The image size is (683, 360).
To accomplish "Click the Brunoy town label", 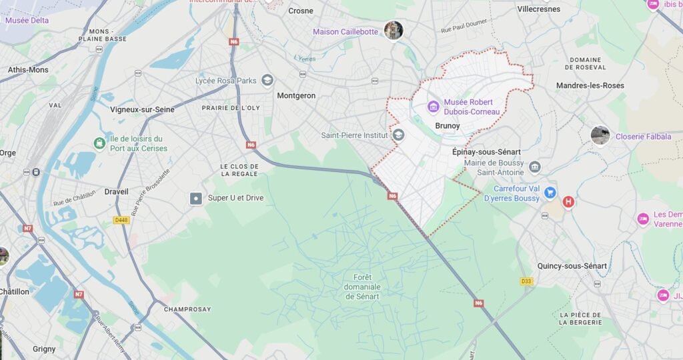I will tap(448, 125).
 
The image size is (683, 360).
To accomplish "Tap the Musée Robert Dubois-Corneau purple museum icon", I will tap(433, 106).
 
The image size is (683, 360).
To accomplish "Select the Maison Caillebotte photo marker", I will tap(394, 30).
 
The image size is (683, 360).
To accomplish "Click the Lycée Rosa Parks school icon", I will tap(267, 81).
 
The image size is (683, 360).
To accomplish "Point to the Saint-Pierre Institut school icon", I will tap(399, 135).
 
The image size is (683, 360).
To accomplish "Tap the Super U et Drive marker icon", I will tap(195, 198).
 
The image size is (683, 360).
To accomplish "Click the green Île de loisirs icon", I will tap(99, 143).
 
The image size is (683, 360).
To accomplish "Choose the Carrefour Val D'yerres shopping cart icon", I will tap(550, 193).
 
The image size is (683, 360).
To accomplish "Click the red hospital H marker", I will tap(568, 201).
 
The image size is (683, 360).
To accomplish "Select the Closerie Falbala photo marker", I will tap(600, 135).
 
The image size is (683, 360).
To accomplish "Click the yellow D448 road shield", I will tap(120, 219).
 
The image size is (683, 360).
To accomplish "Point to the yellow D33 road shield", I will tap(527, 281).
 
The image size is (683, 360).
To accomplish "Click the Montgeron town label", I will tap(296, 95).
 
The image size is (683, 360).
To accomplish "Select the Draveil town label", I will tap(117, 192).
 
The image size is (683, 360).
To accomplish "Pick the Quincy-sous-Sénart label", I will tap(572, 266).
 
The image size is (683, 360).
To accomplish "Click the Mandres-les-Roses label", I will tap(590, 85).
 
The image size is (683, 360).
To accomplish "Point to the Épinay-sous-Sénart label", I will tap(486, 152).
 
